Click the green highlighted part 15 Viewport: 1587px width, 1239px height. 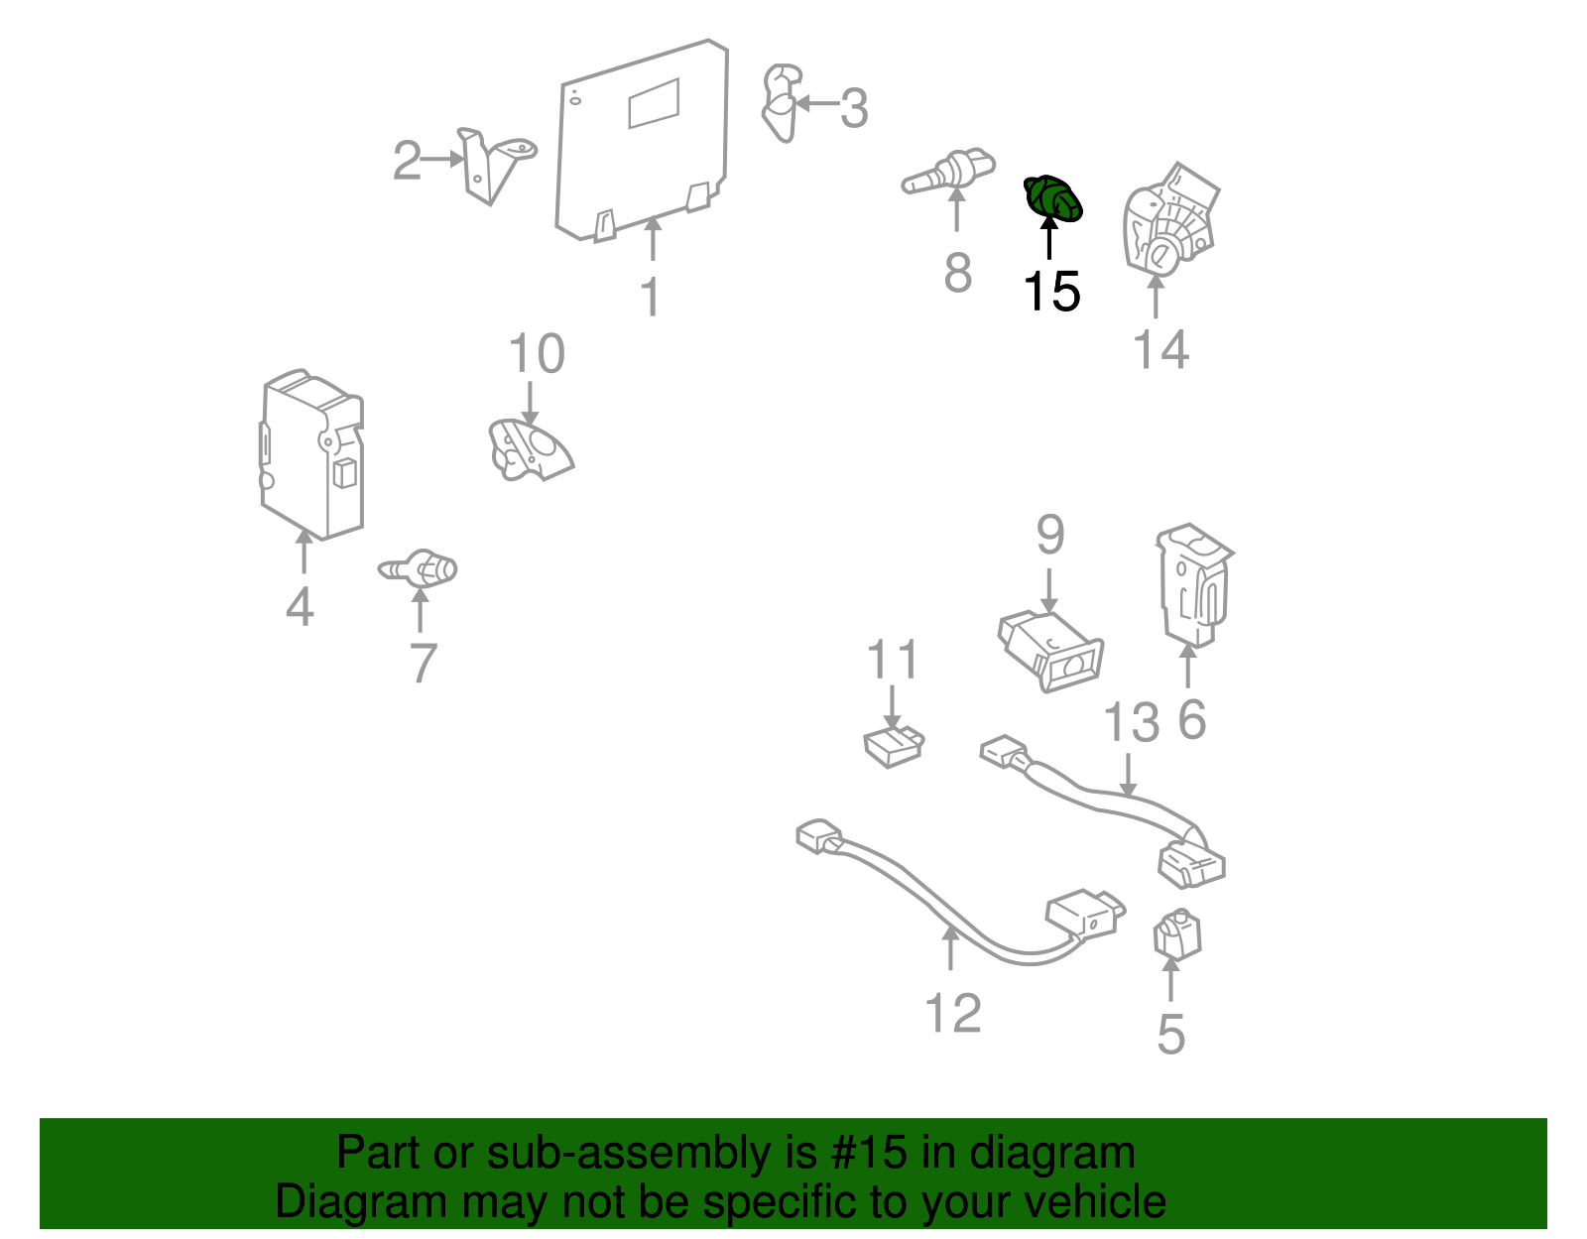coord(1052,198)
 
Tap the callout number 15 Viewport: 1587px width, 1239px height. coord(1051,292)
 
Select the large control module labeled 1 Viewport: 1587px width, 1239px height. coord(642,140)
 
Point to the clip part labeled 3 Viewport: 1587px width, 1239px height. coord(782,103)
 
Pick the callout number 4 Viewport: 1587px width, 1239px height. coord(301,606)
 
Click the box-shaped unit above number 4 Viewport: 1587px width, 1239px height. coord(311,454)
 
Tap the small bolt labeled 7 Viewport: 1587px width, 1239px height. coord(418,568)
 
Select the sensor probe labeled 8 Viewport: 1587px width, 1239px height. coord(948,173)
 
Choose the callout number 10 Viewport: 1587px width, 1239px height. coord(537,353)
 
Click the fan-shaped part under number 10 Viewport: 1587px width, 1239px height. coord(531,449)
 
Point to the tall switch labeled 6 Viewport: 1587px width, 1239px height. coord(1194,585)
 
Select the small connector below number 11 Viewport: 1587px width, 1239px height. coord(894,746)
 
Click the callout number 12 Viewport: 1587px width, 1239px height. coord(953,1013)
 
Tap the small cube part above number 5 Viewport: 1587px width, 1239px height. coord(1177,934)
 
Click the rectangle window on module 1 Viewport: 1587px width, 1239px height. coord(654,103)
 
